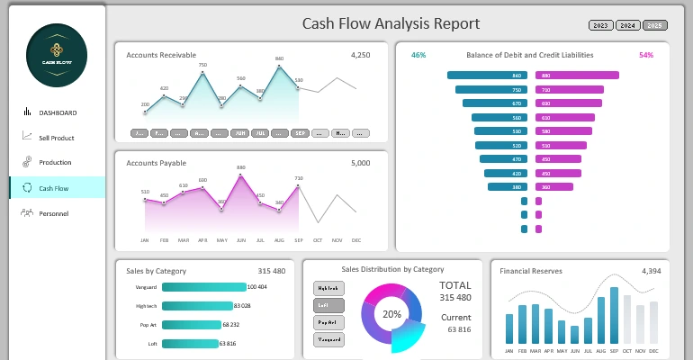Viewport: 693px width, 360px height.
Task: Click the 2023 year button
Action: pyautogui.click(x=600, y=25)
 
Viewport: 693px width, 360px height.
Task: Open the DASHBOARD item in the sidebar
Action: pyautogui.click(x=57, y=112)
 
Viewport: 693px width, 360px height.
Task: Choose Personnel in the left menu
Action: pyautogui.click(x=53, y=213)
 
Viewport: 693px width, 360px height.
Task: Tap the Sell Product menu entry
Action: pyautogui.click(x=56, y=138)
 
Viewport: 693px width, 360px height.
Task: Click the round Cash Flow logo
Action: pyautogui.click(x=57, y=56)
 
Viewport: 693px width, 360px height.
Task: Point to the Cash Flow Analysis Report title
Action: pyautogui.click(x=391, y=24)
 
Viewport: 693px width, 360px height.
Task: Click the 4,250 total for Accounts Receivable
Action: pyautogui.click(x=360, y=56)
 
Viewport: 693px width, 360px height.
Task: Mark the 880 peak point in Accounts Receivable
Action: pyautogui.click(x=279, y=65)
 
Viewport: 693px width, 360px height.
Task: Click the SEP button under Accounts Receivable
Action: pyautogui.click(x=301, y=133)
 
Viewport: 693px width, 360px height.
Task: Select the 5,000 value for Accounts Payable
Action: pyautogui.click(x=360, y=164)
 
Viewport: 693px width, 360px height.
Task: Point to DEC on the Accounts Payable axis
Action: pyautogui.click(x=356, y=240)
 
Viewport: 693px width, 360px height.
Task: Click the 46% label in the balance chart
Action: pyautogui.click(x=418, y=56)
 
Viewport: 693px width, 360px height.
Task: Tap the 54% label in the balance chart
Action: pyautogui.click(x=646, y=56)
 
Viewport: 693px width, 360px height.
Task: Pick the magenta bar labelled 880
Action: pyautogui.click(x=577, y=76)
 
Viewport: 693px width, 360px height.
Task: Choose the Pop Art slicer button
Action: pyautogui.click(x=328, y=322)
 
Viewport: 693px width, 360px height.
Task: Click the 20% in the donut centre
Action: pyautogui.click(x=391, y=315)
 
